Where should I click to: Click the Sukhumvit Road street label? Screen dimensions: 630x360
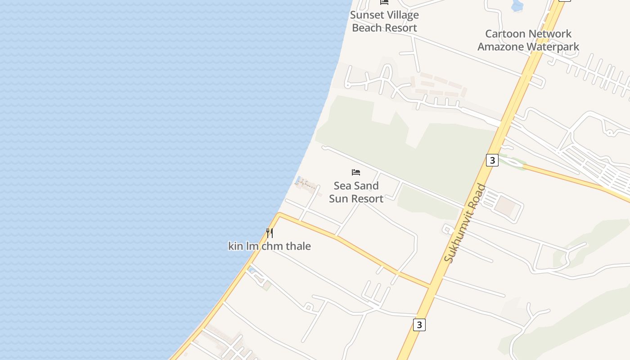tap(465, 223)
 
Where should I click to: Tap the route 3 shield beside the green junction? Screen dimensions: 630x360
tap(492, 160)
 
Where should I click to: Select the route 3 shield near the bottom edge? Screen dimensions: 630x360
tap(419, 325)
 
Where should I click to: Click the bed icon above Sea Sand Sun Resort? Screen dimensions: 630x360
tap(356, 172)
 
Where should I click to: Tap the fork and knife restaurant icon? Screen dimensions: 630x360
tap(269, 233)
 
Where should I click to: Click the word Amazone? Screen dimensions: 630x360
tap(500, 47)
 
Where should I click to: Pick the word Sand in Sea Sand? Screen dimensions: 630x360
tap(368, 186)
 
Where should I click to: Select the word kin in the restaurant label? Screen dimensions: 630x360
tap(236, 246)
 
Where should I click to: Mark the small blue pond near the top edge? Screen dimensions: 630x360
tap(517, 5)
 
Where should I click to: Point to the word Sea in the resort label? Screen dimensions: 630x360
tap(342, 186)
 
